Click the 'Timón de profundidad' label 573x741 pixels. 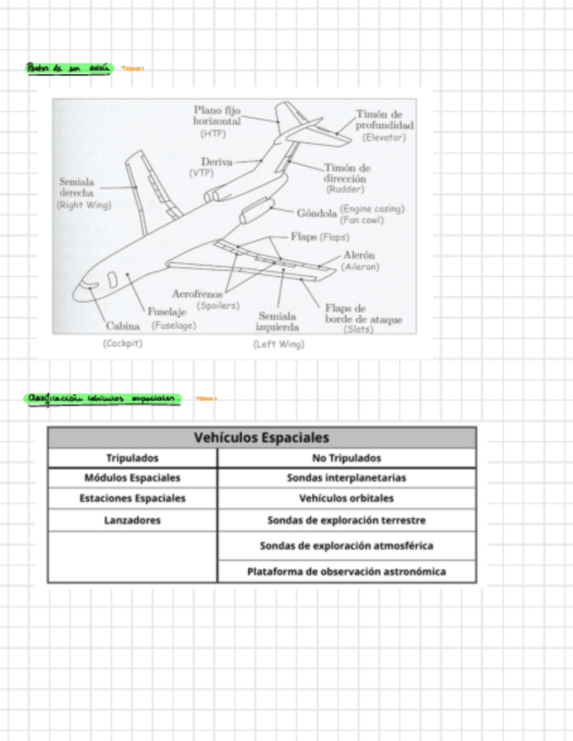point(384,120)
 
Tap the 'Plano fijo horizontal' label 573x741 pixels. point(217,117)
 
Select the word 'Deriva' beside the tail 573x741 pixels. point(217,162)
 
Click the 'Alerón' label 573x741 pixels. point(359,254)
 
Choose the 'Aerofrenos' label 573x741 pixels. point(197,295)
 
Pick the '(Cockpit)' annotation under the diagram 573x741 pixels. point(122,344)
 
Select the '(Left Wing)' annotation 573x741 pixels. point(279,345)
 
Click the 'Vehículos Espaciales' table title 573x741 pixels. point(261,437)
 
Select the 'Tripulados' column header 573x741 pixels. point(133,458)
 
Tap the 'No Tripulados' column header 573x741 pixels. point(347,458)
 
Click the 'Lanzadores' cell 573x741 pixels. point(133,520)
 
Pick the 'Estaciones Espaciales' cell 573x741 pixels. point(133,499)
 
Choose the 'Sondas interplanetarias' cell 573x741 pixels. point(347,478)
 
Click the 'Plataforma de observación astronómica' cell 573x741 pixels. point(347,572)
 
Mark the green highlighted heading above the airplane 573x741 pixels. point(69,67)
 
